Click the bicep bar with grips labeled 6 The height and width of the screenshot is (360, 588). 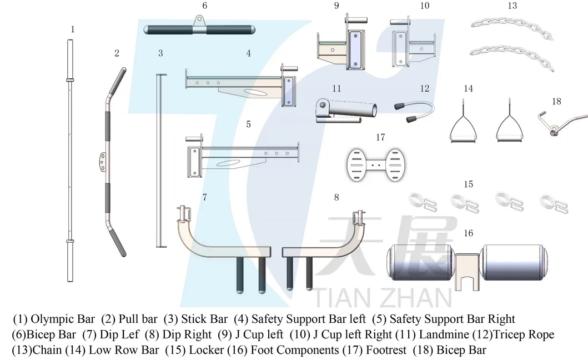pos(199,29)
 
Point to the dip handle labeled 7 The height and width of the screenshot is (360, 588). pos(222,247)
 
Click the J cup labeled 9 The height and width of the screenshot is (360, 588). pos(339,47)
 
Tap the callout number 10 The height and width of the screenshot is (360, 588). pos(424,6)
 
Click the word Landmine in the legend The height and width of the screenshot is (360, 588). pos(444,334)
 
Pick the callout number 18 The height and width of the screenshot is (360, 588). pos(556,102)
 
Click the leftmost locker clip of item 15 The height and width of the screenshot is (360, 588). pos(423,202)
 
